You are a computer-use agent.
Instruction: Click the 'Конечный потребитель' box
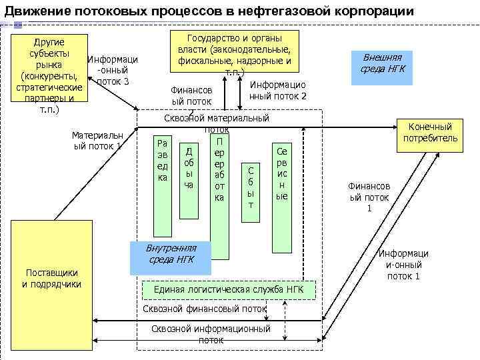click(430, 132)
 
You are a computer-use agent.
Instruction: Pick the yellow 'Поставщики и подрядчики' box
click(51, 280)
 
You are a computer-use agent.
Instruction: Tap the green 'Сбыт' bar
click(251, 187)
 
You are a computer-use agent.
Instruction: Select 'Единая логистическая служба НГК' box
click(229, 289)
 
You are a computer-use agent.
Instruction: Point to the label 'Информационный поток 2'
click(278, 90)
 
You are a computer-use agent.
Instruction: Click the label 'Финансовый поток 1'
click(369, 198)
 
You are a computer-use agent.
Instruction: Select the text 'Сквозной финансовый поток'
click(204, 309)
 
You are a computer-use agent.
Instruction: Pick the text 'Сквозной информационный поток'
click(211, 334)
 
